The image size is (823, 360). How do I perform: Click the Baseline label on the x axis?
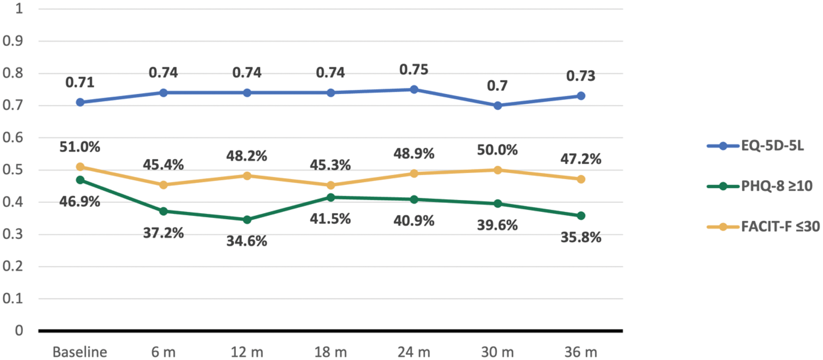80,352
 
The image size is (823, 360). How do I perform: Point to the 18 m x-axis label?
330,352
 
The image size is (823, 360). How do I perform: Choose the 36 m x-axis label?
581,352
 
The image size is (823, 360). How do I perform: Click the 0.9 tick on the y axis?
13,41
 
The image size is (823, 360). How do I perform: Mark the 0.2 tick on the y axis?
13,266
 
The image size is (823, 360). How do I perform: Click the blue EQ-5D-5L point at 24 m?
414,89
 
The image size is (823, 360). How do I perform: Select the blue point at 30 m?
498,106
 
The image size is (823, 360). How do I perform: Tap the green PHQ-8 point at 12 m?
247,219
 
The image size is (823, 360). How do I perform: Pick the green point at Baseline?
80,180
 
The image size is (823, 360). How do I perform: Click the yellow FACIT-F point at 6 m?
164,185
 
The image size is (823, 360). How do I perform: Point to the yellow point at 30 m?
498,170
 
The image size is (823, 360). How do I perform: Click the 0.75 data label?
414,70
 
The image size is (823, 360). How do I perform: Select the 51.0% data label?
80,147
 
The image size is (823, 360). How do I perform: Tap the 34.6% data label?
247,241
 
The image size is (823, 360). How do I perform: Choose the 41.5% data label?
330,219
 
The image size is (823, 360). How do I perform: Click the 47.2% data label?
581,159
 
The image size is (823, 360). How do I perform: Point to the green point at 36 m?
581,216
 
